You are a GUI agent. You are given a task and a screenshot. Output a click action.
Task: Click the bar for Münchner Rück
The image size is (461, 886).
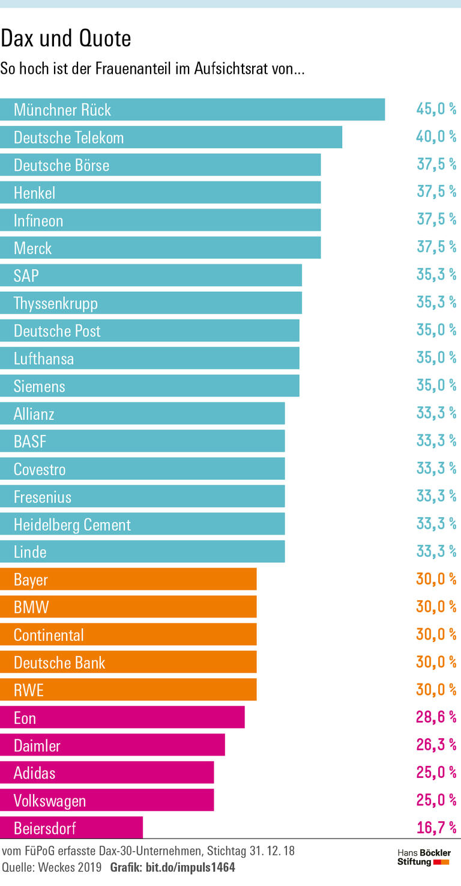[192, 109]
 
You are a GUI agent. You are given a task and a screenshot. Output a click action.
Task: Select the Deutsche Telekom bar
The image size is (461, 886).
[171, 137]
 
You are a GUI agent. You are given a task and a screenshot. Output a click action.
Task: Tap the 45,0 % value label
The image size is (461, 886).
[436, 109]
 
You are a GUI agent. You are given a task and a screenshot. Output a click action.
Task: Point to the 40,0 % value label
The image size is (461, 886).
[436, 136]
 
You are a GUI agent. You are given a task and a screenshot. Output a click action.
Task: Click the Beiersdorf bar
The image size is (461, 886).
[71, 828]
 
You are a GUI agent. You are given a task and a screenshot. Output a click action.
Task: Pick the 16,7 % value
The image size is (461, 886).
[436, 828]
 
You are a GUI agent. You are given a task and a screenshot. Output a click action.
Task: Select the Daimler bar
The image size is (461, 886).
[112, 745]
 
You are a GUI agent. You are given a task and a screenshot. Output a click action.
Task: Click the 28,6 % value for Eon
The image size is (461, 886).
[436, 717]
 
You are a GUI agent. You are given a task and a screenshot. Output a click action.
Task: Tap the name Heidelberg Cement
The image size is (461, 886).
[72, 525]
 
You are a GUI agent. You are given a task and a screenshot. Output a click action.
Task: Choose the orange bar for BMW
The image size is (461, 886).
[128, 607]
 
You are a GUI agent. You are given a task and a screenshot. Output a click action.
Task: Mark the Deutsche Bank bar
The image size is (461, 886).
[128, 663]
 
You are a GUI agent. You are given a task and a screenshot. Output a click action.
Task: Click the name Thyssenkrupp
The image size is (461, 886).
[55, 303]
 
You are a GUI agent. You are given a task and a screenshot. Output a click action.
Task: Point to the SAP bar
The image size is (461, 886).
[151, 276]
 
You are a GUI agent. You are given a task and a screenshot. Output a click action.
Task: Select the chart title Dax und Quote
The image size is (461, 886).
[66, 39]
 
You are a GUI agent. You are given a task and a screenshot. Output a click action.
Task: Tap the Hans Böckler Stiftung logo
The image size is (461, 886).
[424, 857]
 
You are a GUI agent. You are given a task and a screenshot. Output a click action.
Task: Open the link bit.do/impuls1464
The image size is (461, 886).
[190, 867]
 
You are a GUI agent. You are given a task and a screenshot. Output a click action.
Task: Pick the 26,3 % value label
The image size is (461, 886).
[436, 745]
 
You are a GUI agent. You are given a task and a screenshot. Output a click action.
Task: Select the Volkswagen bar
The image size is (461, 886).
[107, 801]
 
